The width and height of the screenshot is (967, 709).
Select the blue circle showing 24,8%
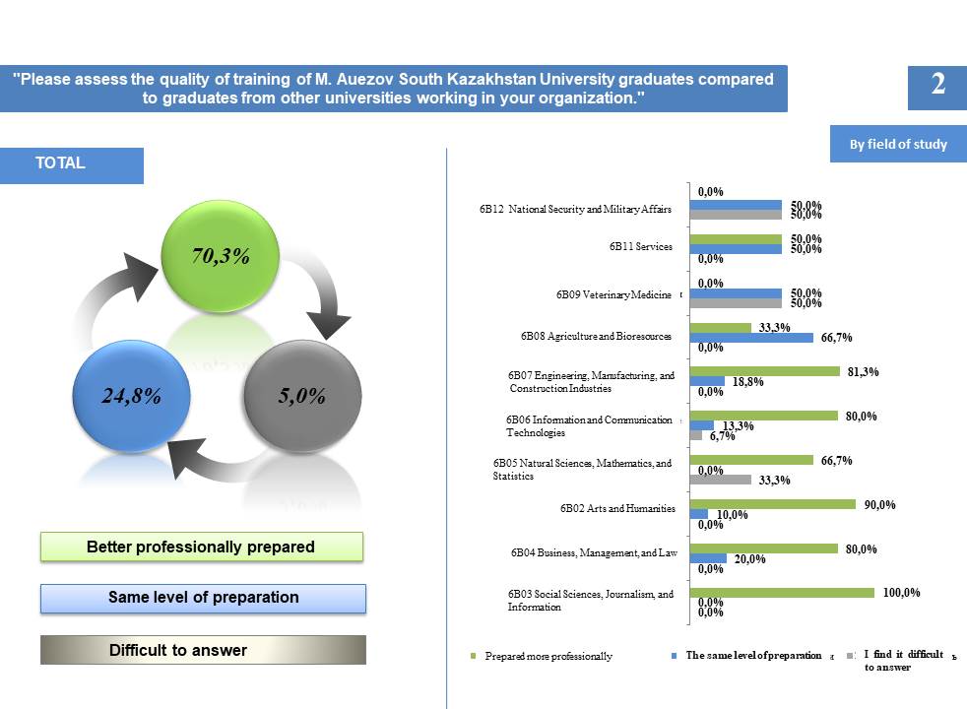click(x=132, y=397)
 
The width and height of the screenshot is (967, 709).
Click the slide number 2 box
click(x=937, y=85)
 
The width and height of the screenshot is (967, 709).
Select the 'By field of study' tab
click(x=898, y=144)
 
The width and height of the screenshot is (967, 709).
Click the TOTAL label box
click(x=85, y=165)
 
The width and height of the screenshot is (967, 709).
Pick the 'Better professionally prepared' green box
click(x=202, y=547)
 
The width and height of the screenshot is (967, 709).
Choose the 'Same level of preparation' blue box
click(x=203, y=598)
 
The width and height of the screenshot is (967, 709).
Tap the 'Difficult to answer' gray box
click(x=203, y=650)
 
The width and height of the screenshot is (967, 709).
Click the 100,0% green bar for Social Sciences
click(x=782, y=593)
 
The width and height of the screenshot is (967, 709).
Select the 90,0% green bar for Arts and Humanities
click(x=773, y=504)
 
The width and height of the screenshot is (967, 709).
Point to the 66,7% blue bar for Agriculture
click(x=751, y=338)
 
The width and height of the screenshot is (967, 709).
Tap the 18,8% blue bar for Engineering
click(x=707, y=381)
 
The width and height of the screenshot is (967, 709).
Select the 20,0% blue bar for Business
click(x=708, y=558)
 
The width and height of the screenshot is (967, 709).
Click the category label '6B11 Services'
click(x=640, y=246)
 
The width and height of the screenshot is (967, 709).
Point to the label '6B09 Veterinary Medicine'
click(x=613, y=294)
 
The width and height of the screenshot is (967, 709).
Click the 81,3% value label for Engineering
click(x=863, y=372)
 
